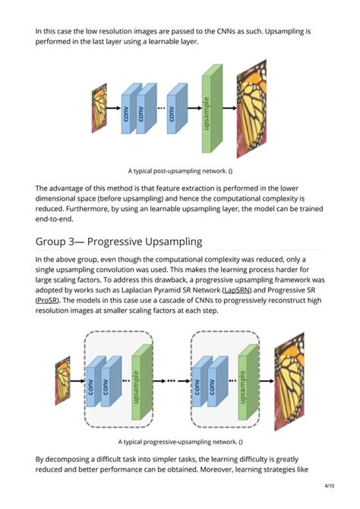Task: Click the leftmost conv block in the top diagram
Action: point(126,112)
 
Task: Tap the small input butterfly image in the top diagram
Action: point(99,106)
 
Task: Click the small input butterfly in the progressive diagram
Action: point(62,380)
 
